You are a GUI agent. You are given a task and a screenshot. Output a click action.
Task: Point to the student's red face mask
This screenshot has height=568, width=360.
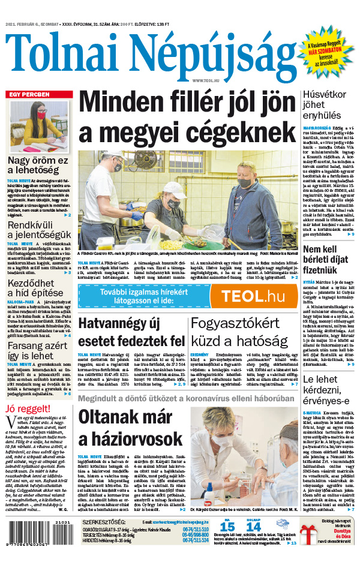point(41,115)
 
